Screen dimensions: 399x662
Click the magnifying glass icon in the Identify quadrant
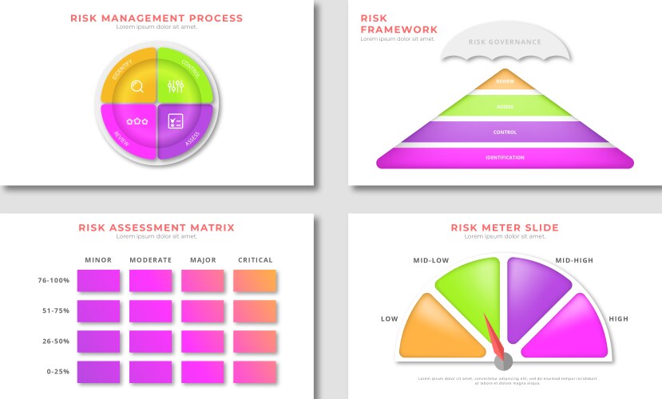pos(137,87)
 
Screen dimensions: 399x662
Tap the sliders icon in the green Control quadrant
pos(176,87)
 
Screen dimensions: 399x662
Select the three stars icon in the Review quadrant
pos(137,121)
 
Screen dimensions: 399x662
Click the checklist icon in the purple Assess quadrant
pos(176,121)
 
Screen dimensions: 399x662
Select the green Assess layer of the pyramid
pos(505,106)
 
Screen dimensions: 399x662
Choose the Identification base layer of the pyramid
pos(505,158)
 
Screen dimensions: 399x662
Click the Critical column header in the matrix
pos(255,260)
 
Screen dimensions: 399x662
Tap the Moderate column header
pos(150,260)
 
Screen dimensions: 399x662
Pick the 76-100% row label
pos(54,280)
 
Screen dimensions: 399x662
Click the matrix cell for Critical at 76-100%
pos(255,281)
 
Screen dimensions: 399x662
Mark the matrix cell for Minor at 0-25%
pos(98,372)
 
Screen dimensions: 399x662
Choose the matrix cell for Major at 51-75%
pos(202,311)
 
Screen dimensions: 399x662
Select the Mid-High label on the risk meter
pos(574,260)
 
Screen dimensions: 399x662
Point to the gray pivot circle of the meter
pos(503,362)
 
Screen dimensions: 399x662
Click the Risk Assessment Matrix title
pos(157,227)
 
